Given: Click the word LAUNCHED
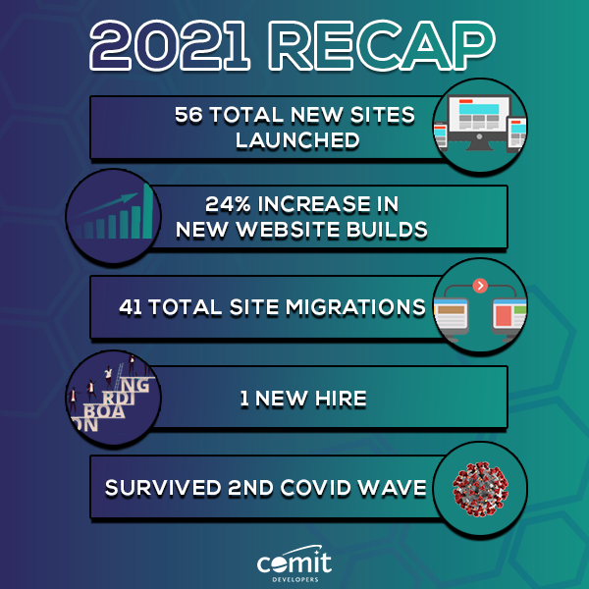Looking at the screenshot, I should [296, 140].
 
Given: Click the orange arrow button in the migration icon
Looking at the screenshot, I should [480, 285].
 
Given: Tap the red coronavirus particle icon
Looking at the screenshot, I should [480, 487].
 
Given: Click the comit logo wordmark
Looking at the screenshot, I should [294, 562].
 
